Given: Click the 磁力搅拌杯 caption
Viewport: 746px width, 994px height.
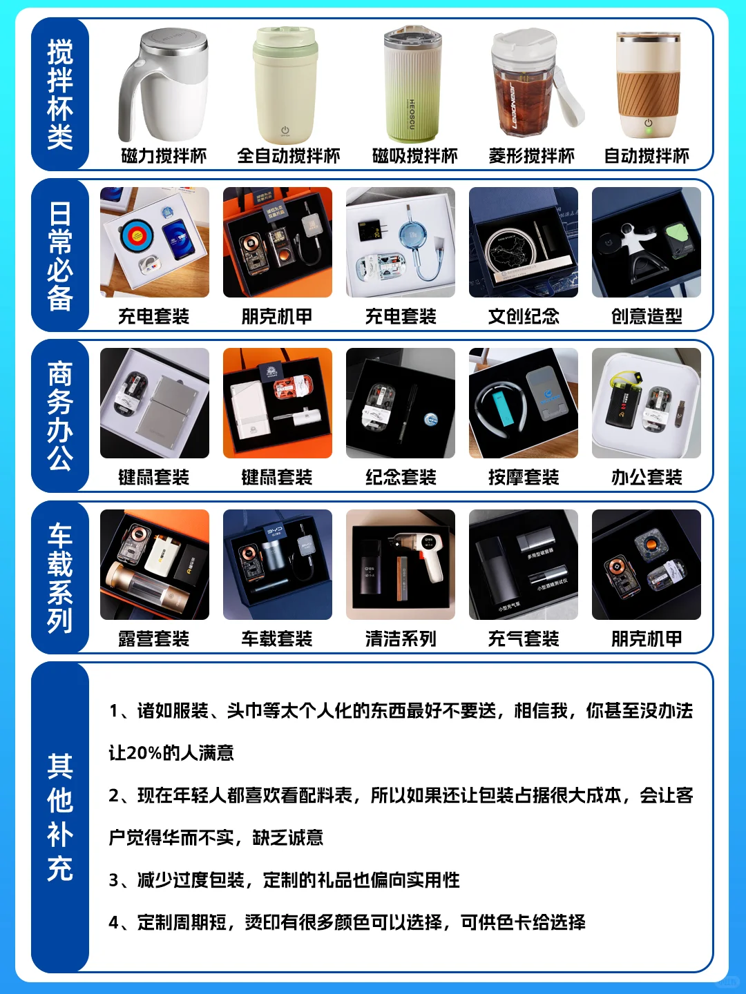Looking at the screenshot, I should tap(164, 156).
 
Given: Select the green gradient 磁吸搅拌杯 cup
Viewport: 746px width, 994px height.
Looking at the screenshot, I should tap(412, 86).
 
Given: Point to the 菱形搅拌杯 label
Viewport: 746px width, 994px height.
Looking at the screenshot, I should tap(531, 156).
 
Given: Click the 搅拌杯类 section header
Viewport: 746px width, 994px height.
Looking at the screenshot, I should tap(60, 95).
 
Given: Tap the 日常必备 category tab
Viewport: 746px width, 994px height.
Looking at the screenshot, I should tap(60, 255).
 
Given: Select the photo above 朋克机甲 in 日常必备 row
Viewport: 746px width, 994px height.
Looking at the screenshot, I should tap(277, 242).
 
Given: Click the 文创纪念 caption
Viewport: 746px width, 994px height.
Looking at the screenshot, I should tap(524, 316).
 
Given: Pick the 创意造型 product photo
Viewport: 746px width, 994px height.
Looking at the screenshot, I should tap(646, 242).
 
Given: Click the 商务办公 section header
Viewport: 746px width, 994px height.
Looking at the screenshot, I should tap(60, 416).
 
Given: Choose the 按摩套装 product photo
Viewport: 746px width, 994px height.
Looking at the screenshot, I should tap(523, 403).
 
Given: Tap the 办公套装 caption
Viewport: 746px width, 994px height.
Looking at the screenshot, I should tap(647, 477).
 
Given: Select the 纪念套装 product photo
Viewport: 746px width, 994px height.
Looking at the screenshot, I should tap(400, 403).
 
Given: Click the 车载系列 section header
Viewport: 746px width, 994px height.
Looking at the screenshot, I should tap(60, 578).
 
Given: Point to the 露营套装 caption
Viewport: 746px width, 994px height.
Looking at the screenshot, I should tap(153, 639).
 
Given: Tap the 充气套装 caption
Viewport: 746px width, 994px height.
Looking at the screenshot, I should tap(524, 639).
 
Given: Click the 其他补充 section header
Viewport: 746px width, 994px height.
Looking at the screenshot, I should tap(60, 817).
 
